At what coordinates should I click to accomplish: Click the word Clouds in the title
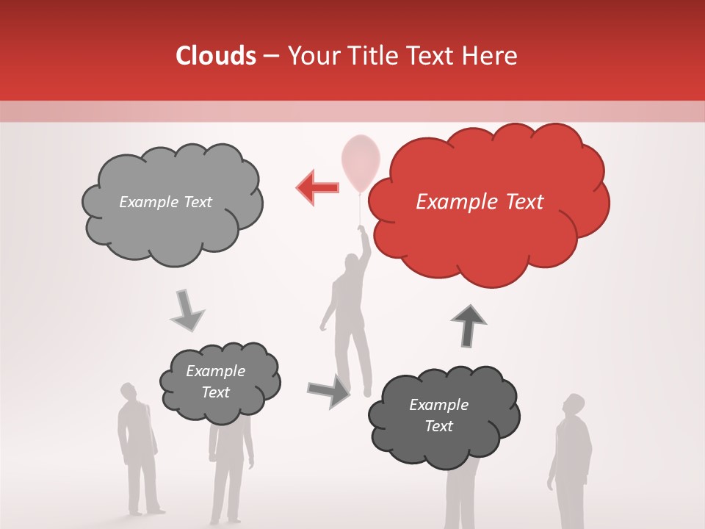(x=215, y=56)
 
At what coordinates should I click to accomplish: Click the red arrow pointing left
(x=318, y=187)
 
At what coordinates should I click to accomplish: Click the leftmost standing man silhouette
(x=137, y=448)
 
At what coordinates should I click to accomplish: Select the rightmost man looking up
(x=571, y=463)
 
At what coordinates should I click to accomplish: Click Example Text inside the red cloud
(x=480, y=201)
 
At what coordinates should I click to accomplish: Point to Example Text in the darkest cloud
(x=438, y=415)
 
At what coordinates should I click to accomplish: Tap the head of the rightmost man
(x=574, y=405)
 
